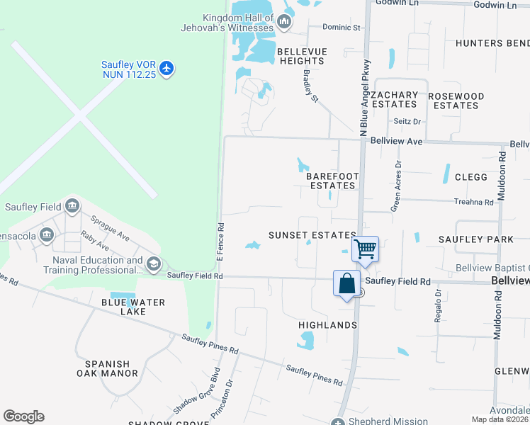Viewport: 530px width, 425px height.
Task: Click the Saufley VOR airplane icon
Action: (167, 69)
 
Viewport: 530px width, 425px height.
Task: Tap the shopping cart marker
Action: (365, 249)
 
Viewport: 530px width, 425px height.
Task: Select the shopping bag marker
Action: (346, 283)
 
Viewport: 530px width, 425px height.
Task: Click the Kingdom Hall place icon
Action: (284, 23)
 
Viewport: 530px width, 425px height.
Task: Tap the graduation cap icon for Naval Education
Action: (153, 265)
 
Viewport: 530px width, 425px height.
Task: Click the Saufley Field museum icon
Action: (72, 207)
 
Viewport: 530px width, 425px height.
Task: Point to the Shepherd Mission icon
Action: (337, 422)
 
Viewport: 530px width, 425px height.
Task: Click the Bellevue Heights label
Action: (301, 56)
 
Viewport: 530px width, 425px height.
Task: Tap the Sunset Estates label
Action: (312, 235)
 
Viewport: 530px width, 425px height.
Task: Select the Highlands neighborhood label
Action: (327, 325)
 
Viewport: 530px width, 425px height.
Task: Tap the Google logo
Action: (23, 416)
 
